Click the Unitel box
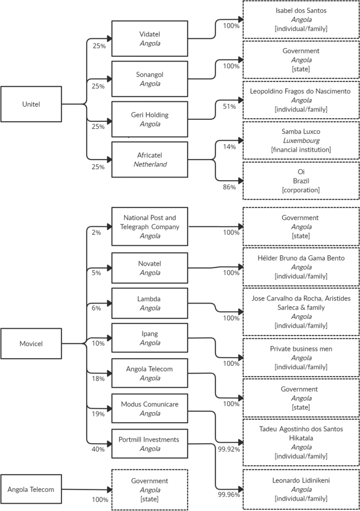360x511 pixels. point(31,105)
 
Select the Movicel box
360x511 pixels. point(31,344)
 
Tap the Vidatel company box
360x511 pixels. point(150,38)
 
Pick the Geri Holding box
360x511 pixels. point(150,119)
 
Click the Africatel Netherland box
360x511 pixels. point(150,160)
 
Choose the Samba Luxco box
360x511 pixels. point(301,140)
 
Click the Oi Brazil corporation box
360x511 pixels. point(301,181)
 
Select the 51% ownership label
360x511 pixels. point(229,107)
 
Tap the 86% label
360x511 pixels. point(229,187)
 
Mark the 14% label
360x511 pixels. point(229,147)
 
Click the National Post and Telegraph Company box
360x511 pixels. point(150,226)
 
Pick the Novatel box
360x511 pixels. point(150,268)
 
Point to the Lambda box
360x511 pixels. point(150,303)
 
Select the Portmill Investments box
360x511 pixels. point(150,444)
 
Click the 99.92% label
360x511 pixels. point(229,449)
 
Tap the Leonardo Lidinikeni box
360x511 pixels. point(301,489)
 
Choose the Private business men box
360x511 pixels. point(301,357)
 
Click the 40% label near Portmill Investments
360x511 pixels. point(98,450)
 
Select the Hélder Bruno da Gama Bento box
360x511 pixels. point(301,267)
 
